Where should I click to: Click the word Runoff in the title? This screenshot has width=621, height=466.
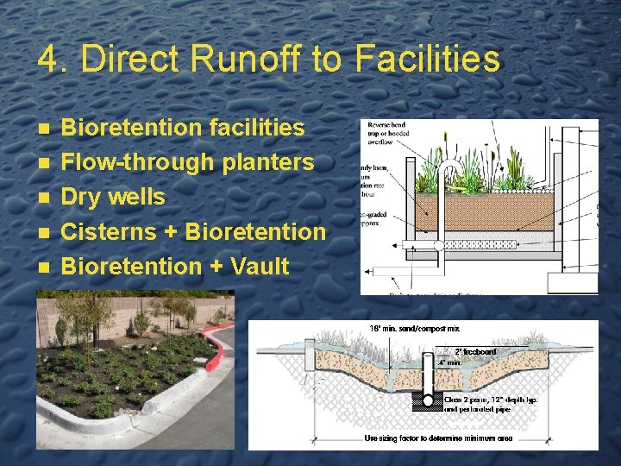click(247, 59)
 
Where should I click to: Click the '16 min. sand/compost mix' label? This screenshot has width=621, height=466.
click(415, 329)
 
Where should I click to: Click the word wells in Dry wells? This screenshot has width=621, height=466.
click(139, 197)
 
